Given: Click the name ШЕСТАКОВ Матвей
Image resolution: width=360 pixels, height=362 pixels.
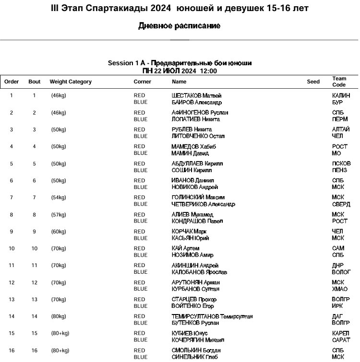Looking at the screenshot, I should pyautogui.click(x=196, y=95).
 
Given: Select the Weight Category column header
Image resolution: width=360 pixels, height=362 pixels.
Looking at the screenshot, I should pyautogui.click(x=71, y=82).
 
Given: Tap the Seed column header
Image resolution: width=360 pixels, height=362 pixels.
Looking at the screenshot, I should pyautogui.click(x=313, y=82).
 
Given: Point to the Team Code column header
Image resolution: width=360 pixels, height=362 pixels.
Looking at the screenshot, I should pyautogui.click(x=339, y=82).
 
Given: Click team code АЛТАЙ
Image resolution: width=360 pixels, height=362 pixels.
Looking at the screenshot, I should pyautogui.click(x=341, y=129).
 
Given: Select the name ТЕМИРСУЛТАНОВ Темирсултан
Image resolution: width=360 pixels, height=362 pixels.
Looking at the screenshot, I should pyautogui.click(x=212, y=316).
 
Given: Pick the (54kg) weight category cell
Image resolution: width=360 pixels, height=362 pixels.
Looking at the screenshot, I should pyautogui.click(x=59, y=198).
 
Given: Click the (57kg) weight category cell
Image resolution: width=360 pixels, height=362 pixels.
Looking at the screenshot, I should pyautogui.click(x=59, y=215).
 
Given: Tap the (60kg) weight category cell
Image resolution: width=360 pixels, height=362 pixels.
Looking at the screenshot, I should pyautogui.click(x=59, y=232).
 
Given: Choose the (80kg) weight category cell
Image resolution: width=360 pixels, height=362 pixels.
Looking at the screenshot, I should pyautogui.click(x=59, y=316).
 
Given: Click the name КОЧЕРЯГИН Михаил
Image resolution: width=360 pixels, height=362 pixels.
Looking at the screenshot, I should pyautogui.click(x=197, y=340).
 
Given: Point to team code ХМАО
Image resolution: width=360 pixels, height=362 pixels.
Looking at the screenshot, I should pyautogui.click(x=340, y=289).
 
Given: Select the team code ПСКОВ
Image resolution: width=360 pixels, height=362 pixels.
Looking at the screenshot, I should pyautogui.click(x=341, y=163).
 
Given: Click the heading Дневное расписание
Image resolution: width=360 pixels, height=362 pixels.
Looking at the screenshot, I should pyautogui.click(x=180, y=26).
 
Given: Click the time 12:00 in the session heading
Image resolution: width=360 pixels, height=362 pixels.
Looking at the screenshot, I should pyautogui.click(x=208, y=71).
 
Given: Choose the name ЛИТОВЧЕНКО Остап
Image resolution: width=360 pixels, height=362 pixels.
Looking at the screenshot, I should pyautogui.click(x=198, y=136).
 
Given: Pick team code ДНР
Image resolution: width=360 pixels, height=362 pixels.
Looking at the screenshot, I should pyautogui.click(x=338, y=266).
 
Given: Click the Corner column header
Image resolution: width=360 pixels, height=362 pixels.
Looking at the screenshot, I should pyautogui.click(x=142, y=82).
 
